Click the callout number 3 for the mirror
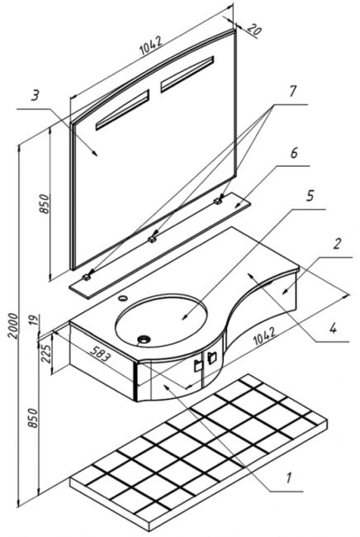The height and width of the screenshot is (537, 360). [35, 96]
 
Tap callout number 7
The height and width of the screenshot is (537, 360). [292, 91]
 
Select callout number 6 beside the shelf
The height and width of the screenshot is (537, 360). [294, 153]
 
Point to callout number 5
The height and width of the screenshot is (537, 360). [310, 196]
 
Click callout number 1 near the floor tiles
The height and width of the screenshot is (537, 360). [288, 478]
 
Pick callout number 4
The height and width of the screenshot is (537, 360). [333, 328]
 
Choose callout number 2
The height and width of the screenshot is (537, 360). [338, 244]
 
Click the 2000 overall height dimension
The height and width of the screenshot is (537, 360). [13, 326]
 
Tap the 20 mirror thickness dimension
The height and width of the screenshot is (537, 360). [254, 29]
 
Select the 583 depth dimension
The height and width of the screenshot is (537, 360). [101, 353]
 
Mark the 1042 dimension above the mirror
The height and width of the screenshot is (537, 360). [151, 45]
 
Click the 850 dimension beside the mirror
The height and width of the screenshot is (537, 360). [45, 204]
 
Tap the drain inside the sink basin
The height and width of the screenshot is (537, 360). [144, 340]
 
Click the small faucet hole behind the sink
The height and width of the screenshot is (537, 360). [122, 298]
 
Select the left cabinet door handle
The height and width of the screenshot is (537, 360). [198, 365]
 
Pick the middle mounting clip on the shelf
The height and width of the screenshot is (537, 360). [152, 239]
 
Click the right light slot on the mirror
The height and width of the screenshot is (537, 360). [187, 74]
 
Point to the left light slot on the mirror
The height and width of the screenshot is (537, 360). [122, 110]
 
